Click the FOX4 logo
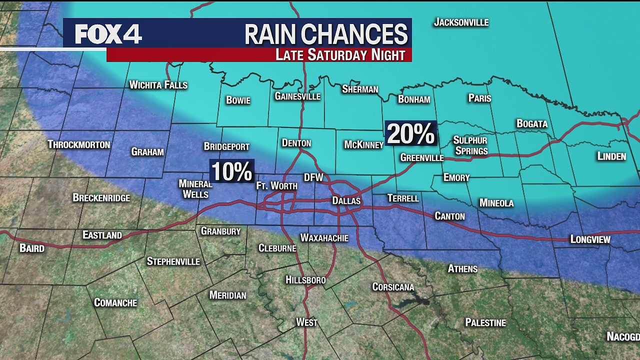108,34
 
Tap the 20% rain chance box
410,134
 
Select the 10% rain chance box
232,171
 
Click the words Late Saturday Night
340,55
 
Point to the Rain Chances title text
326,34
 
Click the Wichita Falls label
158,85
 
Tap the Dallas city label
346,201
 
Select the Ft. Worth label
276,186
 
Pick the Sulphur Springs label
470,145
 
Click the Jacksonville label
461,22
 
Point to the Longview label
590,239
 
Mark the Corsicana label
393,287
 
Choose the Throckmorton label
79,144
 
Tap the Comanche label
115,302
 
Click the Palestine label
485,322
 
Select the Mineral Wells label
195,189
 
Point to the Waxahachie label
324,238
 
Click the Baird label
32,248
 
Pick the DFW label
313,177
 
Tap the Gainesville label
297,96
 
